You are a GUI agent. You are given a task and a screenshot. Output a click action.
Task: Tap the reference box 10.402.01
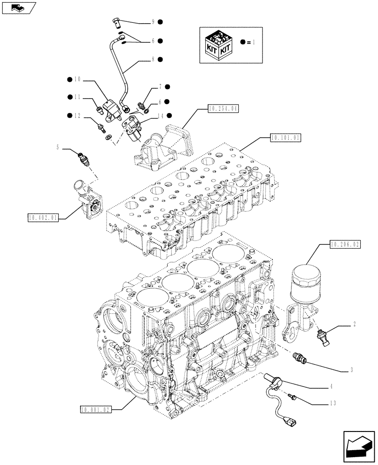[x=43, y=217]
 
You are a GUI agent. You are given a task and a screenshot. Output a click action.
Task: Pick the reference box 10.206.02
[x=345, y=243]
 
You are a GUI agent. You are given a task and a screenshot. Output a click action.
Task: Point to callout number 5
[x=58, y=148]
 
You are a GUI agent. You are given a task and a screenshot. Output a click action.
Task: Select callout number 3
[x=352, y=370]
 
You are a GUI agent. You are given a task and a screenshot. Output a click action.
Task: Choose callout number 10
[x=77, y=80]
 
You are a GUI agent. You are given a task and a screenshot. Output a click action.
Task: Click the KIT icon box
[x=218, y=45]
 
